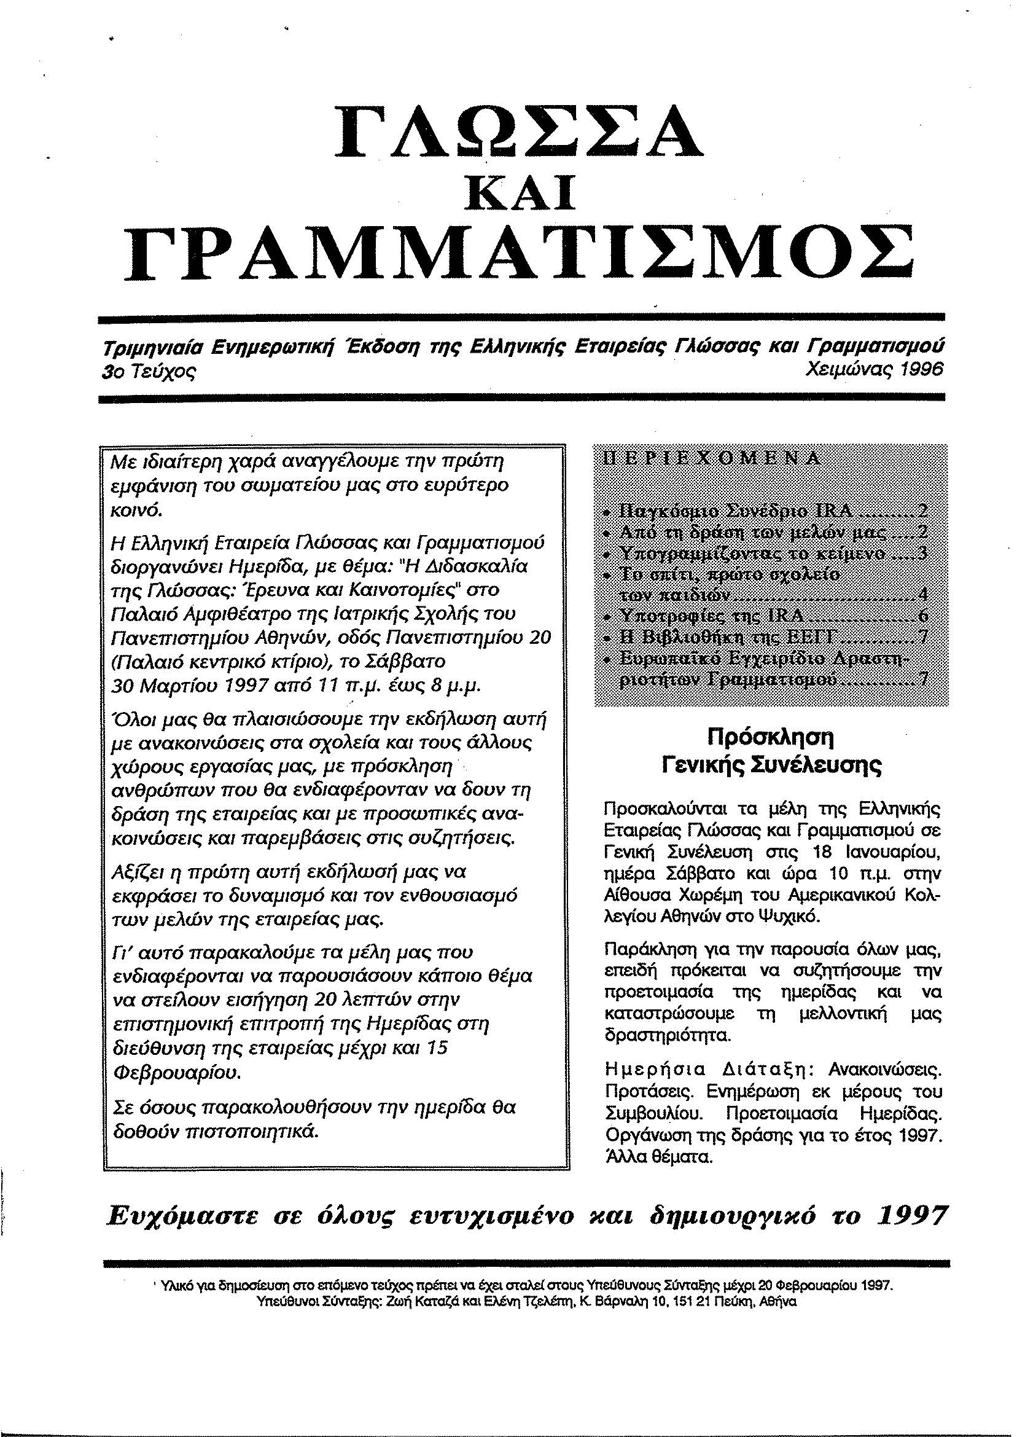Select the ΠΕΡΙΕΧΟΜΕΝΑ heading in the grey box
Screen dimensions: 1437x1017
[x=709, y=458]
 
